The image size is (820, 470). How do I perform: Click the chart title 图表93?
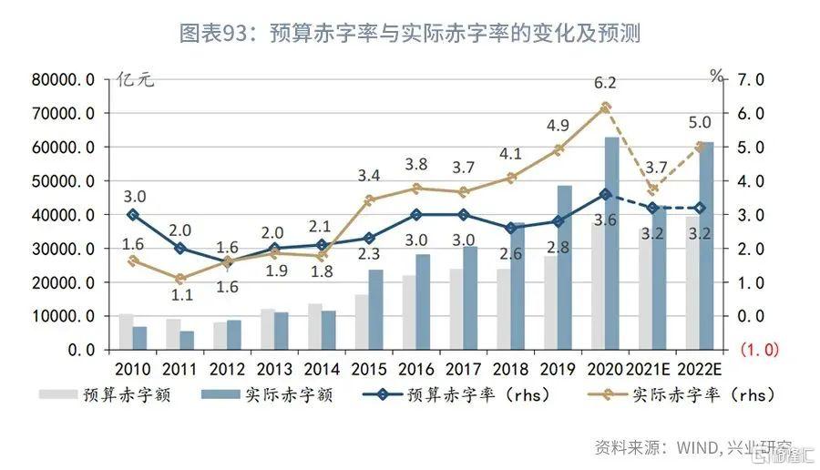point(410,34)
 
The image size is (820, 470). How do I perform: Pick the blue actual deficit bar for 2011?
point(187,340)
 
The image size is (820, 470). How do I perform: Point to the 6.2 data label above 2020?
point(605,84)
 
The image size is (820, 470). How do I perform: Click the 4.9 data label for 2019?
point(559,126)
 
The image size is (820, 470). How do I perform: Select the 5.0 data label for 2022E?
point(701,122)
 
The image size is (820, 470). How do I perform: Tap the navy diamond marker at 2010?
point(133,215)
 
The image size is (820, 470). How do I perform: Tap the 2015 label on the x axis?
point(369,371)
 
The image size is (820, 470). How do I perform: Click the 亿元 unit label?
point(136,79)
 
